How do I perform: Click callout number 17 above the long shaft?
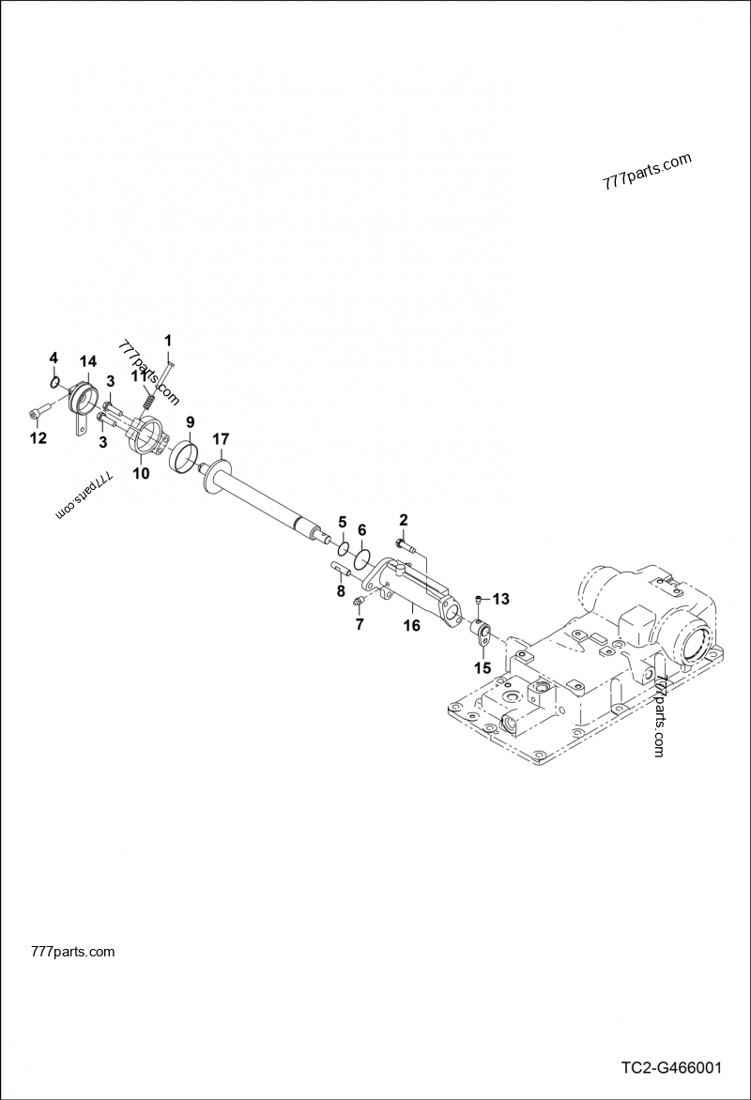pyautogui.click(x=221, y=438)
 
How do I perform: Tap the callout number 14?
pyautogui.click(x=87, y=361)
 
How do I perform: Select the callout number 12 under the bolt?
pyautogui.click(x=38, y=437)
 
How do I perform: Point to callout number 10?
pyautogui.click(x=140, y=474)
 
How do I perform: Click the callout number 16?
pyautogui.click(x=411, y=624)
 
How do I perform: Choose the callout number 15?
pyautogui.click(x=483, y=668)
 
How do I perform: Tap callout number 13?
pyautogui.click(x=500, y=599)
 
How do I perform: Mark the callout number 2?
pyautogui.click(x=404, y=519)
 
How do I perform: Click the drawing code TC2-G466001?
pyautogui.click(x=670, y=1068)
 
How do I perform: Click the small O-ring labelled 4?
pyautogui.click(x=56, y=381)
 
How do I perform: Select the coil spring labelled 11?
pyautogui.click(x=147, y=399)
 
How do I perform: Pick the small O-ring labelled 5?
pyautogui.click(x=345, y=548)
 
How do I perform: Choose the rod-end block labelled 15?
pyautogui.click(x=482, y=635)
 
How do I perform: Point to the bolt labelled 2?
pyautogui.click(x=403, y=543)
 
